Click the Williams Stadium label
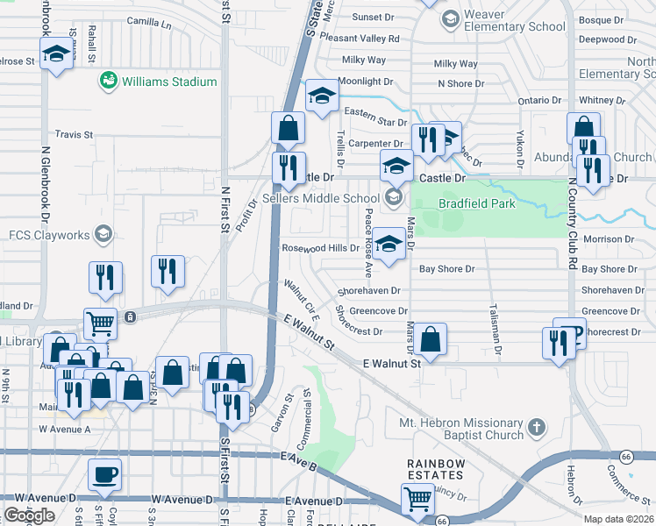[x=169, y=82]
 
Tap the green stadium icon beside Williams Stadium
[x=109, y=82]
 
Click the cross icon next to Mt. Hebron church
[x=538, y=428]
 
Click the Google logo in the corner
[x=29, y=515]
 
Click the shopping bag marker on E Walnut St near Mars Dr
[x=431, y=338]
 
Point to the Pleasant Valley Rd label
[x=360, y=39]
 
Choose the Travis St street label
[x=74, y=134]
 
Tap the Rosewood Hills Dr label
[x=320, y=248]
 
